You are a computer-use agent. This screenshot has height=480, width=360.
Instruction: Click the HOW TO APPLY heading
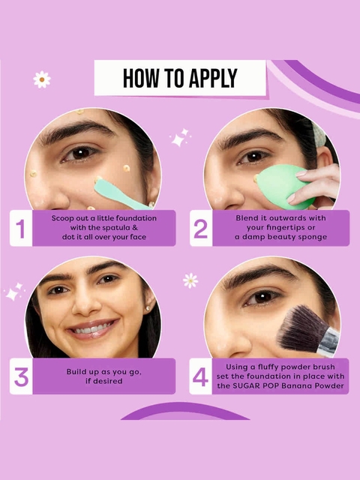pos(180,78)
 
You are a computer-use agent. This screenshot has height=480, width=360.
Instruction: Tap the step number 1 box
pos(21,228)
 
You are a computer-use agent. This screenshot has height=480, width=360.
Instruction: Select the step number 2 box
pos(201,228)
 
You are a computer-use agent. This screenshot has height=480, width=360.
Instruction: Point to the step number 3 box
pos(21,376)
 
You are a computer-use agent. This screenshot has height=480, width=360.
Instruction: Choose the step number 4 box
pos(200,376)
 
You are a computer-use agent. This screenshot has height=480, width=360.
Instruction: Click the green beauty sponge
pos(283,186)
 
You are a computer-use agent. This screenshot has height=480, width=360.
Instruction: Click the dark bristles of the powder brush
pos(300,328)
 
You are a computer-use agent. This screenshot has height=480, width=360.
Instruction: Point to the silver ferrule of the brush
pos(328,341)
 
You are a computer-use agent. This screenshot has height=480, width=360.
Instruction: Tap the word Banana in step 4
pos(296,385)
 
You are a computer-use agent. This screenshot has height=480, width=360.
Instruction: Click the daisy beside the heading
pos(42,79)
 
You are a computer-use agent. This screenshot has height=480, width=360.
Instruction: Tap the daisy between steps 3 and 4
pos(190,280)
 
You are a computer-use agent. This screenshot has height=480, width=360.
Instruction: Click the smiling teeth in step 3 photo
pos(91,329)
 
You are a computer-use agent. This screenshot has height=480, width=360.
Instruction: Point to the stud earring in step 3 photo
pos(148,308)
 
